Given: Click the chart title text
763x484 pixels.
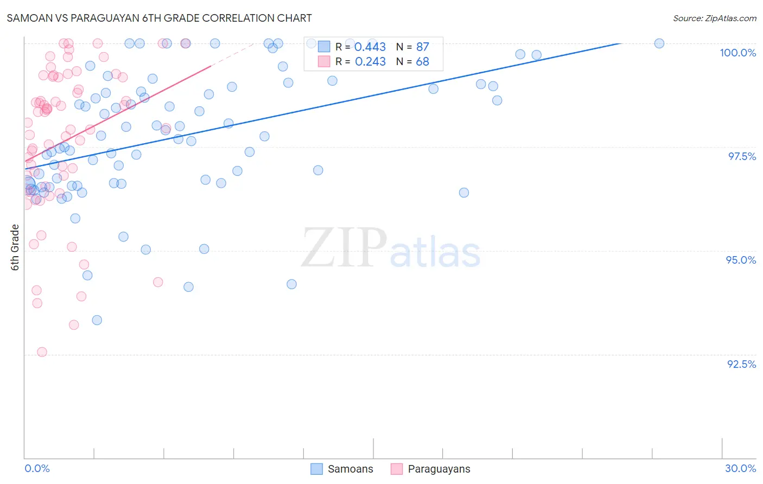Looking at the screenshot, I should [159, 18].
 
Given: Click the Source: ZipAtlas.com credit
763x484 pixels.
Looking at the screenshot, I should [714, 18].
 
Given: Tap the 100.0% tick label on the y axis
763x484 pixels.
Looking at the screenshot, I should [737, 53].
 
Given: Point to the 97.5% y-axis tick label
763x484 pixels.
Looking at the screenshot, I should [742, 156].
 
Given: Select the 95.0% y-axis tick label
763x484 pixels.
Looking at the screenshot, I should [741, 260].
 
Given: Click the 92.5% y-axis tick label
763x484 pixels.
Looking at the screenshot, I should [741, 364].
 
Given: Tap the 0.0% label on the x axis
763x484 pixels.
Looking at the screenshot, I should [37, 468].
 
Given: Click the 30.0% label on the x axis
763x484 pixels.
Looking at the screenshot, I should [740, 468].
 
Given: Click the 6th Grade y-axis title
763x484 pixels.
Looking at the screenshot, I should [15, 247].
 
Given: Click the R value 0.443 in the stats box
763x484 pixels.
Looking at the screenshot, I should [370, 47].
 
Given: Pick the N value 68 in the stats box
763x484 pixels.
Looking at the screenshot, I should [422, 62].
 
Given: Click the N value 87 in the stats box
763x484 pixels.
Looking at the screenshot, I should [422, 47].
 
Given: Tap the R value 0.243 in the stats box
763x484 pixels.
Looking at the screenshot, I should [370, 62].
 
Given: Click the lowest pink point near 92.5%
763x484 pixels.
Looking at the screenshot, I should [42, 352].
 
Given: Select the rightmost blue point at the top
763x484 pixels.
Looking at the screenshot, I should [659, 43].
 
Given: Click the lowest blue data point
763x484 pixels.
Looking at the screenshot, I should [97, 320].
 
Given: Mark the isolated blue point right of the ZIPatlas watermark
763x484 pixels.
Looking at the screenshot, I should [464, 193].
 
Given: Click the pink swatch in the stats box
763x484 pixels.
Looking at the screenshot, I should [324, 61].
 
